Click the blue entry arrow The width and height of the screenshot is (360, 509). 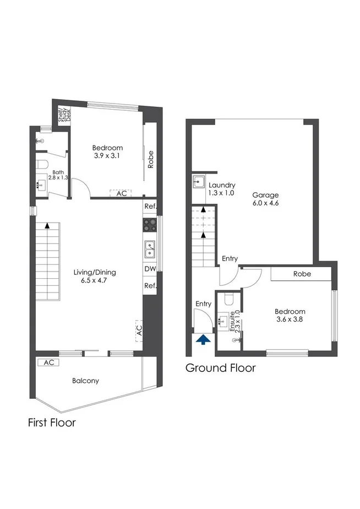tap(203, 340)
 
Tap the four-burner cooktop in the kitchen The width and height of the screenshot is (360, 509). tap(150, 224)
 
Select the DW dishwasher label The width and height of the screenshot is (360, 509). tap(150, 269)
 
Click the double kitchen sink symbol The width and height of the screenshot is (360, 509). tap(150, 250)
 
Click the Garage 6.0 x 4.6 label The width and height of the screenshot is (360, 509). tap(265, 199)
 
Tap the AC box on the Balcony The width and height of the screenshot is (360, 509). tap(49, 362)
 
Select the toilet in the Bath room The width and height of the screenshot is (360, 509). tap(43, 164)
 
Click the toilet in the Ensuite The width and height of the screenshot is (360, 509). tap(230, 299)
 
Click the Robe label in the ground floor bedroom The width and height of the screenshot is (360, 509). tap(302, 274)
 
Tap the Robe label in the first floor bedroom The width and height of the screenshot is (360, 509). tap(150, 159)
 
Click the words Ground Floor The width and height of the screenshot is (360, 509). tap(220, 368)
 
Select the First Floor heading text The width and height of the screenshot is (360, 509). tap(52, 423)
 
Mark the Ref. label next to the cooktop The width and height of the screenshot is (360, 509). tap(150, 207)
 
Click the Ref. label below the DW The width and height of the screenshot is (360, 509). tap(150, 286)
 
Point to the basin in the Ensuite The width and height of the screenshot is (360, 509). tap(223, 320)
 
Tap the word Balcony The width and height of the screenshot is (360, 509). tap(85, 381)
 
